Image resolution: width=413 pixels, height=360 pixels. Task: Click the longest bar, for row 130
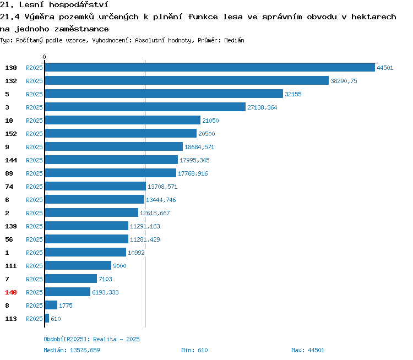[x=210, y=67]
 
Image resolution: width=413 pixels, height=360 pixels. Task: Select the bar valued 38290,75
[x=187, y=80]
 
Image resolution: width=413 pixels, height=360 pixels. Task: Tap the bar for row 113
[x=47, y=318]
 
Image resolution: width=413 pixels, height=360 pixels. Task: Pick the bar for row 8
[x=51, y=305]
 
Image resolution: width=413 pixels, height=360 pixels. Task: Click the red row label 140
[x=11, y=292]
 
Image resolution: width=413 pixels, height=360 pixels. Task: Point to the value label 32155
[x=293, y=94]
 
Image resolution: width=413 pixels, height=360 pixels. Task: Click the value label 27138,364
[x=262, y=107]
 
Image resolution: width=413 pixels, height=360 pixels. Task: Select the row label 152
[x=11, y=134]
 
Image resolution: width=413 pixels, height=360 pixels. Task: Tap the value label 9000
[x=119, y=266]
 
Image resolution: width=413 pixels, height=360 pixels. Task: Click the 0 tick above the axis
[x=44, y=57]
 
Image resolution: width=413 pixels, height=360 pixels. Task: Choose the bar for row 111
[x=78, y=265]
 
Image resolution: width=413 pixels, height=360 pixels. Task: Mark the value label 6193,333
[x=105, y=292]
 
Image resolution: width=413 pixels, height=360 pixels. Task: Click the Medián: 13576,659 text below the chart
[x=72, y=350]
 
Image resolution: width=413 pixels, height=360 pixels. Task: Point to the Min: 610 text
[x=194, y=350]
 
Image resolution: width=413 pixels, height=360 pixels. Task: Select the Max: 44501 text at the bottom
[x=308, y=350]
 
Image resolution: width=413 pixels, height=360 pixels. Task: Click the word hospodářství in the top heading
[x=79, y=5]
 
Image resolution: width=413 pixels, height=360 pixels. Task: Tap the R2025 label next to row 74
[x=34, y=187]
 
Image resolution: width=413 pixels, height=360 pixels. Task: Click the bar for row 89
[x=111, y=173]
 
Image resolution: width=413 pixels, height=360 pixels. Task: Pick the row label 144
[x=11, y=160]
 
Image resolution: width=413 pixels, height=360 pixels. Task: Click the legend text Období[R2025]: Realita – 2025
[x=91, y=339]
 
